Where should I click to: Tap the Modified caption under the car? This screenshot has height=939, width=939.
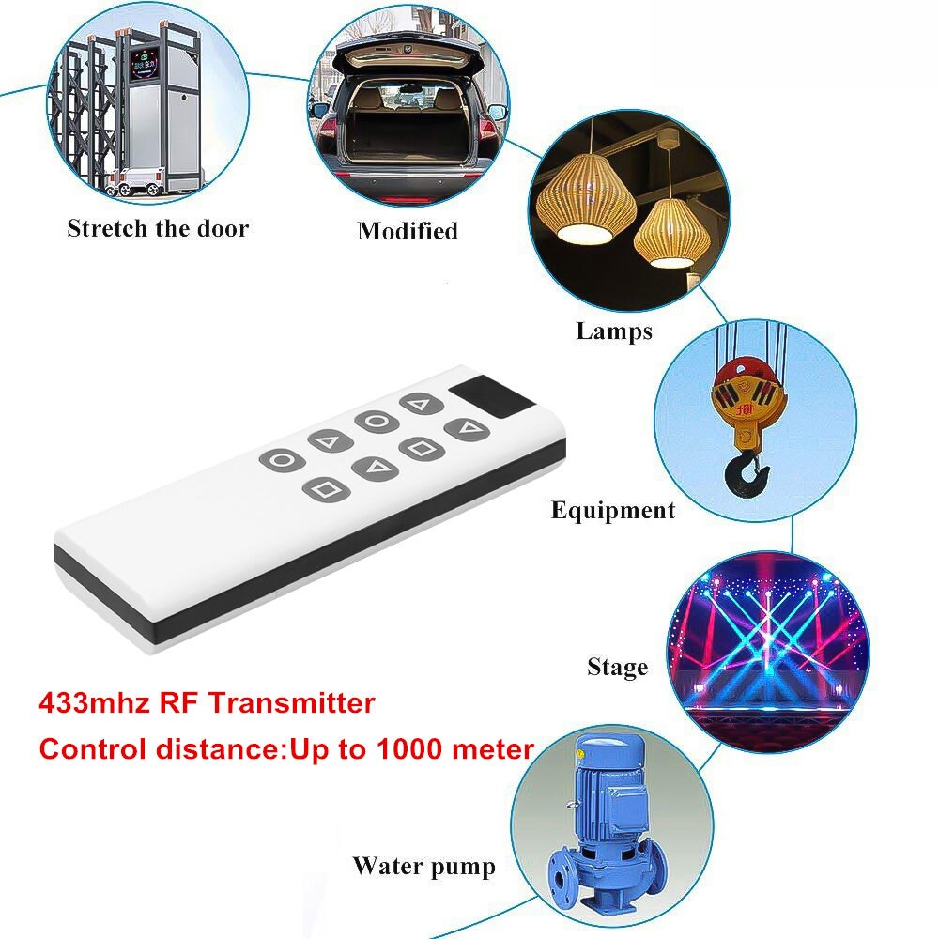pos(408,231)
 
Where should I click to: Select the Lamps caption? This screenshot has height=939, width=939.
pos(614,331)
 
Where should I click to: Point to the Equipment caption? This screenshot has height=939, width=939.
pos(612,511)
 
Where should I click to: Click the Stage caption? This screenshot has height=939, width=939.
pos(617,668)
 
